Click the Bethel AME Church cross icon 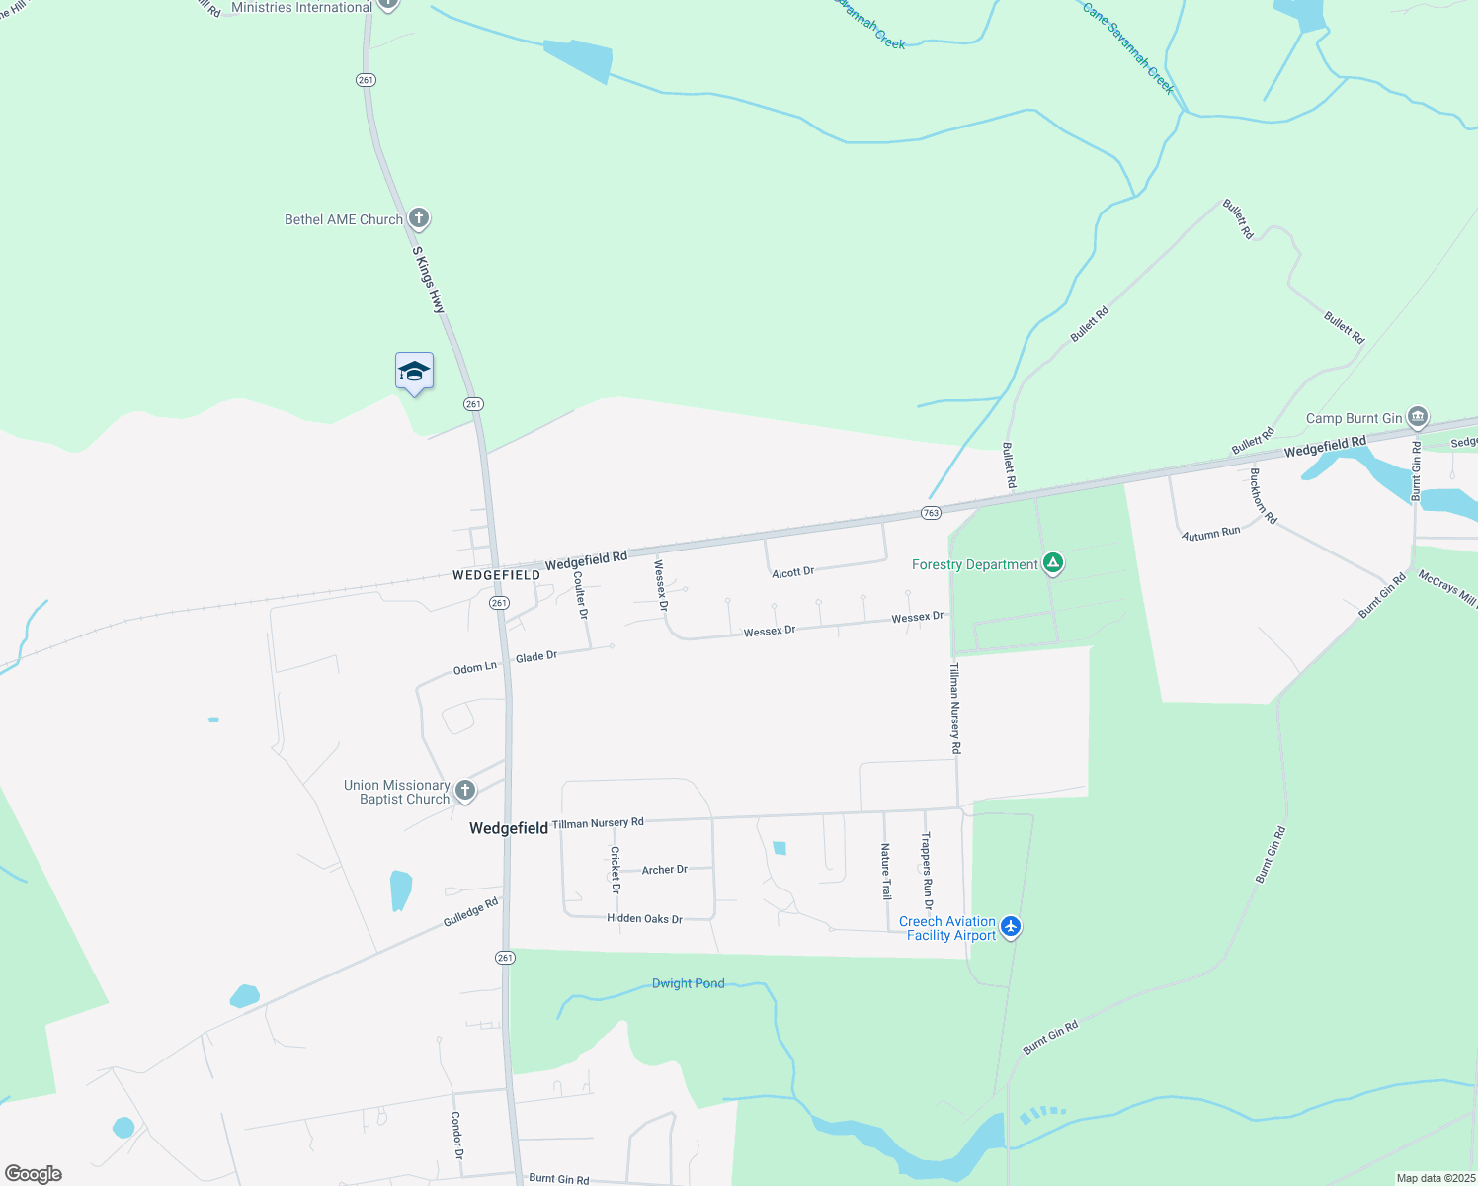point(419,218)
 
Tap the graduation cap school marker point(414,372)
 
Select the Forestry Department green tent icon point(1053,564)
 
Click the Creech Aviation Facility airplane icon point(1010,927)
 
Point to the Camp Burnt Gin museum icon point(1418,417)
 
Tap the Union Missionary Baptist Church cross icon point(465,791)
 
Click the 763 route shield point(931,513)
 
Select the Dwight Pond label point(688,983)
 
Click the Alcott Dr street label point(792,572)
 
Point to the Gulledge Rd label point(470,912)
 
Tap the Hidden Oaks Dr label point(644,919)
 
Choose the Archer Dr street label point(664,870)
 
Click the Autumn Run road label point(1210,534)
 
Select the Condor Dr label point(456,1136)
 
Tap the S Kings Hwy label point(429,281)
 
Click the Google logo point(34,1174)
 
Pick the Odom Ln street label point(474,669)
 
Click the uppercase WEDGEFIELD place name point(496,575)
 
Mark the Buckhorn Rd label point(1263,496)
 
